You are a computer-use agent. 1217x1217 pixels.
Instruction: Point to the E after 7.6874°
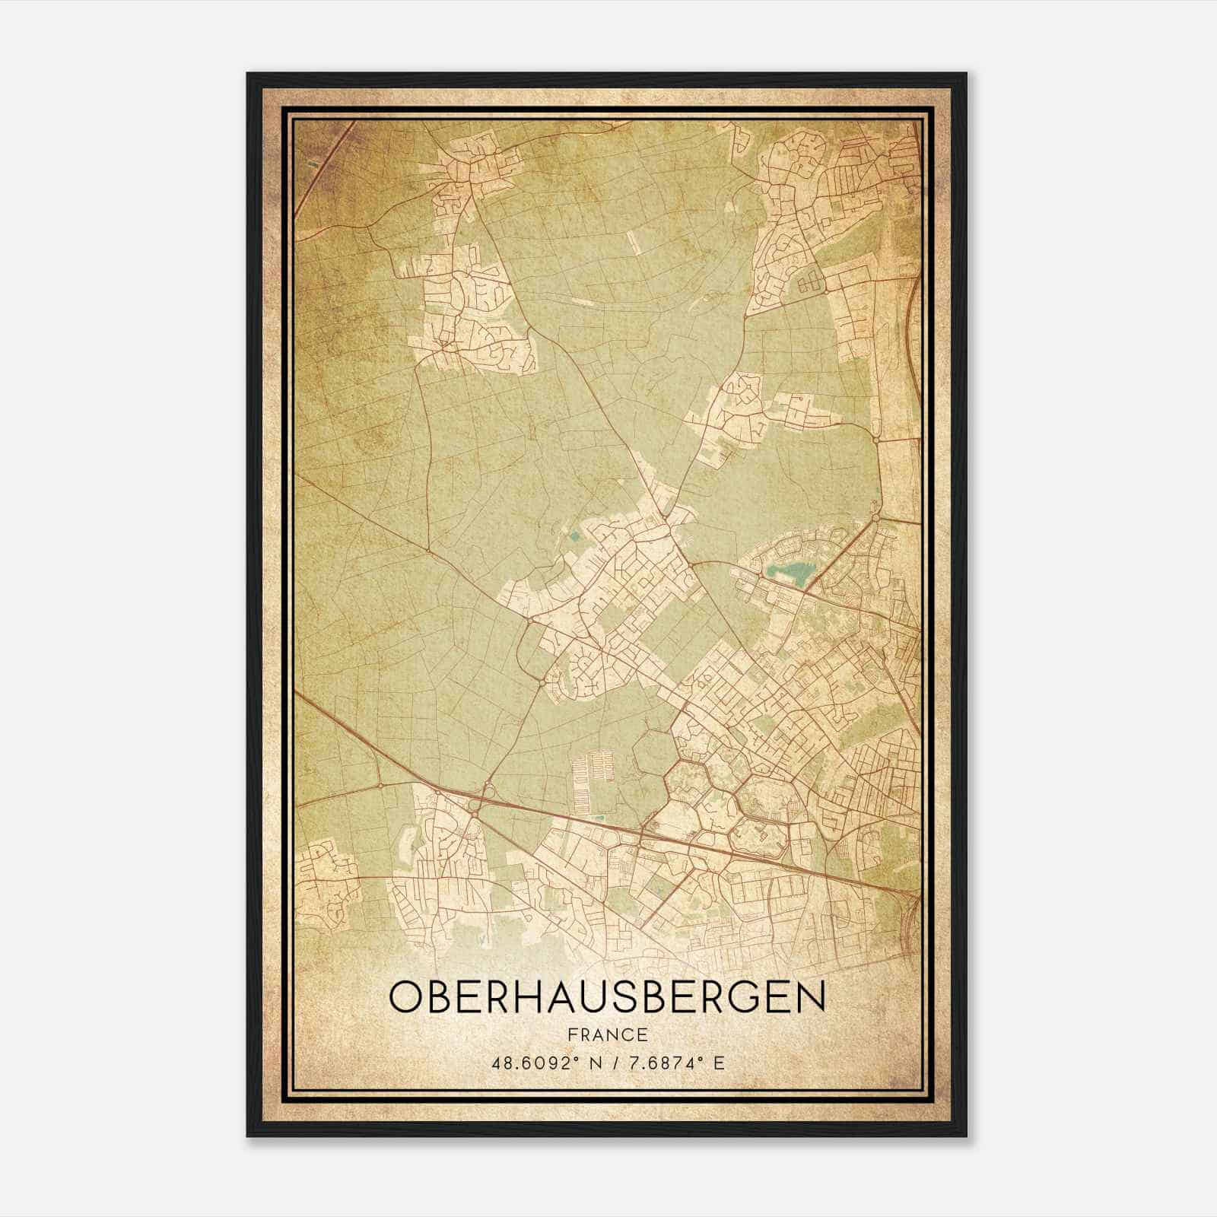(x=719, y=1063)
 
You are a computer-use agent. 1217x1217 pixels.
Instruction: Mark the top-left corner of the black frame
(x=248, y=74)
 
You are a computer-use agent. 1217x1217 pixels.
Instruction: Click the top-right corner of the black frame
(x=966, y=74)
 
